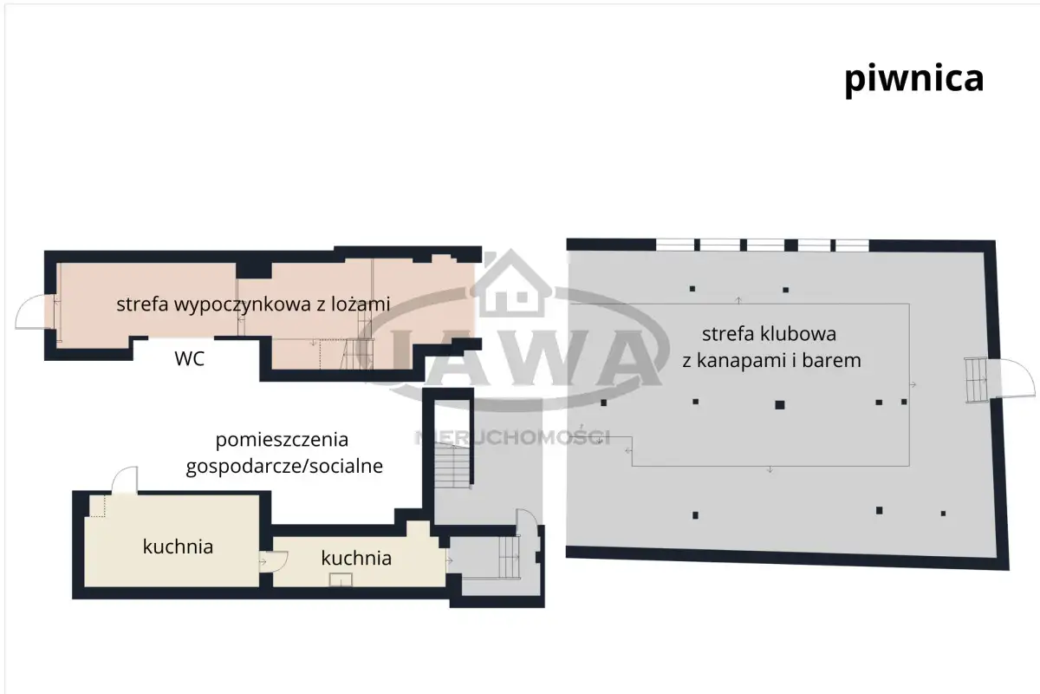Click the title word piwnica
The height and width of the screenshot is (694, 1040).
click(x=913, y=80)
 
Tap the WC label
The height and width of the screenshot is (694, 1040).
click(x=190, y=359)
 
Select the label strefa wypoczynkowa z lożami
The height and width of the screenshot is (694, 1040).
click(x=253, y=304)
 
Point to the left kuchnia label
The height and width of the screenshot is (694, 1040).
click(x=178, y=547)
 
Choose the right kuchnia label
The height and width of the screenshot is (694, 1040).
click(x=356, y=558)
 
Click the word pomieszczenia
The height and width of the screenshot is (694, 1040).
click(x=282, y=440)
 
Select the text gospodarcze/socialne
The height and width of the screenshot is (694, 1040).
click(x=284, y=466)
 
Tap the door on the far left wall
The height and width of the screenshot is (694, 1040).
click(x=35, y=312)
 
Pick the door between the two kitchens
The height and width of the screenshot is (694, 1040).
click(x=274, y=561)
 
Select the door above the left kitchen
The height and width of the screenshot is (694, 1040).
click(x=125, y=481)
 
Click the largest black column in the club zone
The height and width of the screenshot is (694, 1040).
click(x=780, y=405)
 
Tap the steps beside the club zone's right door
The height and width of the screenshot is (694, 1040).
click(x=976, y=380)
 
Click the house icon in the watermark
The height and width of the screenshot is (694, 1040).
click(x=512, y=285)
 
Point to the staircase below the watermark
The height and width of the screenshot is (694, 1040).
click(x=452, y=465)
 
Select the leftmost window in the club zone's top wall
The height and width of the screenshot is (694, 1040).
click(x=675, y=245)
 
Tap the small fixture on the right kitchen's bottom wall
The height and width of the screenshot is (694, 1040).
click(x=341, y=579)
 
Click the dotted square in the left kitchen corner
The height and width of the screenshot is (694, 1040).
click(x=97, y=506)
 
